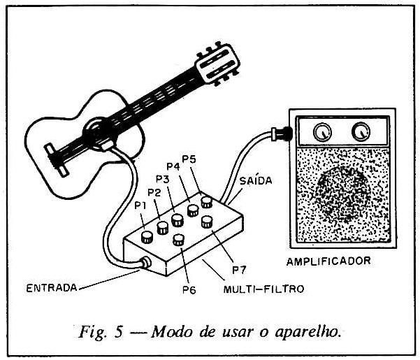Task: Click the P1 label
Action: [140, 206]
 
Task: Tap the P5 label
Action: [189, 159]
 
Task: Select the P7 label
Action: [239, 270]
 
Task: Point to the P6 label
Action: [189, 290]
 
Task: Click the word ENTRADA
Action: [52, 288]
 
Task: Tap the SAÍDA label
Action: [256, 181]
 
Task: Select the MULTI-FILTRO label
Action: [264, 289]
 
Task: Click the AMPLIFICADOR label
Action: [328, 261]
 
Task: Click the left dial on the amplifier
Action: [322, 132]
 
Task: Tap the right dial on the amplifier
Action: [361, 131]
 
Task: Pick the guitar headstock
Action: [217, 64]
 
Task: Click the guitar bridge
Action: [56, 160]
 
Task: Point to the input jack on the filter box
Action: [146, 263]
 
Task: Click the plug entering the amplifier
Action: [281, 134]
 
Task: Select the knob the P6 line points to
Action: [179, 240]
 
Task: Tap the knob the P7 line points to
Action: [207, 222]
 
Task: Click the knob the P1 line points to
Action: [147, 237]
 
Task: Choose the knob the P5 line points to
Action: [207, 202]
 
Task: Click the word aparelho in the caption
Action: [307, 332]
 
